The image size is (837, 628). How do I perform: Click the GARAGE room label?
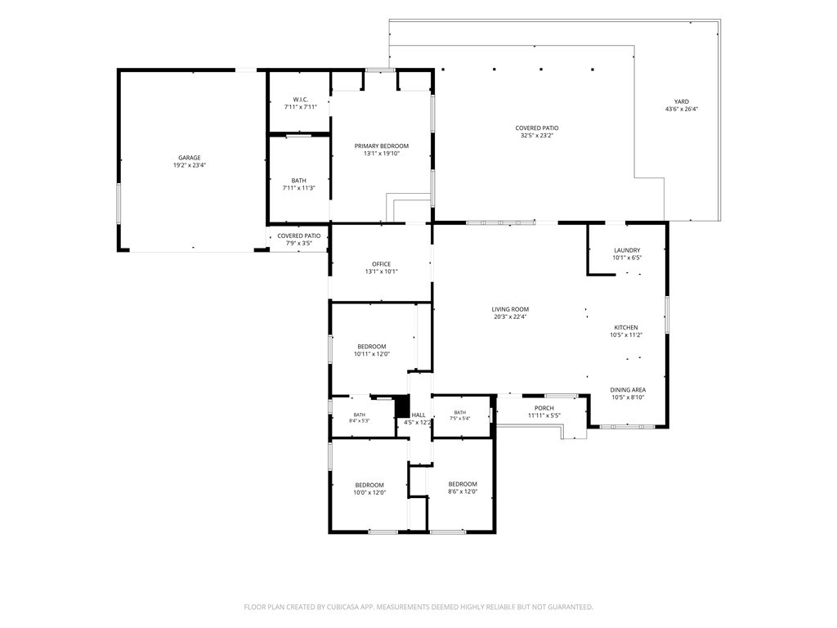click(x=190, y=158)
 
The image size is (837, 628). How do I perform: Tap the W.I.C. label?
click(x=301, y=99)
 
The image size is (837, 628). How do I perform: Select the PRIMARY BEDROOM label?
click(x=382, y=146)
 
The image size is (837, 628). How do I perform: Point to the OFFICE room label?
click(x=381, y=264)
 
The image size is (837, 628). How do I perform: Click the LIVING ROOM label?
click(x=510, y=309)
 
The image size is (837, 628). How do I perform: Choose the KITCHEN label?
click(x=626, y=327)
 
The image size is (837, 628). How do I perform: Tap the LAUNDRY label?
click(x=627, y=250)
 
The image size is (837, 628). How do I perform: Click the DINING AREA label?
click(x=628, y=390)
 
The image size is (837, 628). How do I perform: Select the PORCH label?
click(x=544, y=408)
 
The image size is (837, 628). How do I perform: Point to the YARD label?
click(x=682, y=101)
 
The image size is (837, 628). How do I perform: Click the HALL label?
click(x=418, y=415)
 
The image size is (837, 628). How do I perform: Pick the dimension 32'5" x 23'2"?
click(x=537, y=136)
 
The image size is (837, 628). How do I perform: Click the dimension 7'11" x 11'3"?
click(x=299, y=188)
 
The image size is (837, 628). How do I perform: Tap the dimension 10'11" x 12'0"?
click(x=372, y=353)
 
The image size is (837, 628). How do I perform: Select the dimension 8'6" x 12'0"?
click(x=463, y=491)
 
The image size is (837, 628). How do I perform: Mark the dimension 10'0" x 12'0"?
click(x=369, y=493)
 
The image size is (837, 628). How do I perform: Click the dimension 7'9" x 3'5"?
click(x=299, y=243)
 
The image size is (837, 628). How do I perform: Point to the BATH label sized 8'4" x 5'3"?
click(x=360, y=415)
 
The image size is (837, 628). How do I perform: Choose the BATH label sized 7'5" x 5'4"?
click(x=460, y=412)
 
